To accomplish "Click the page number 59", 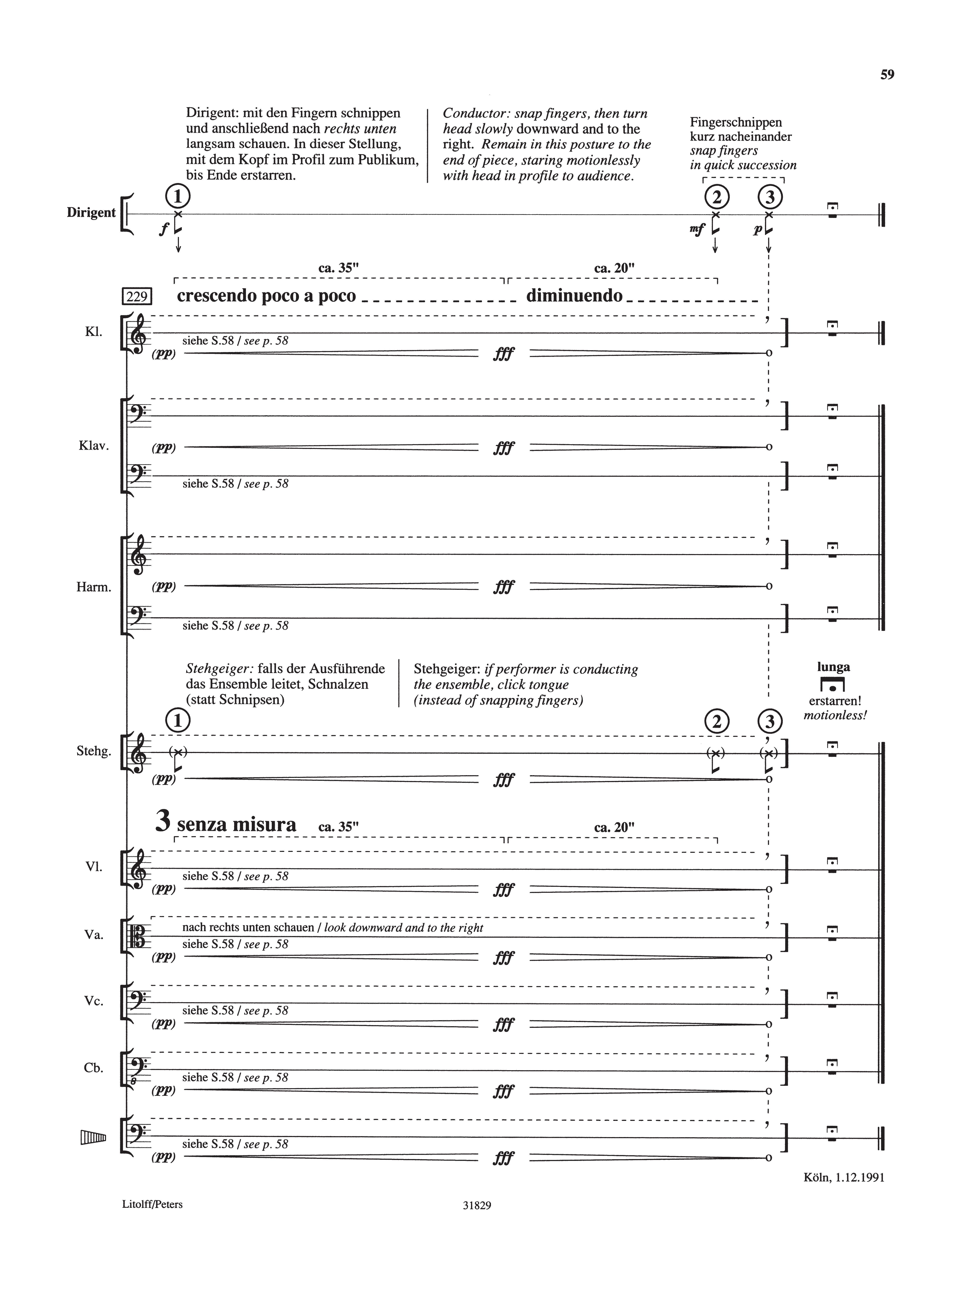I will [887, 75].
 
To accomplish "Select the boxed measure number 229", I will [137, 297].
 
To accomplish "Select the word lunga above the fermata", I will [833, 667].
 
